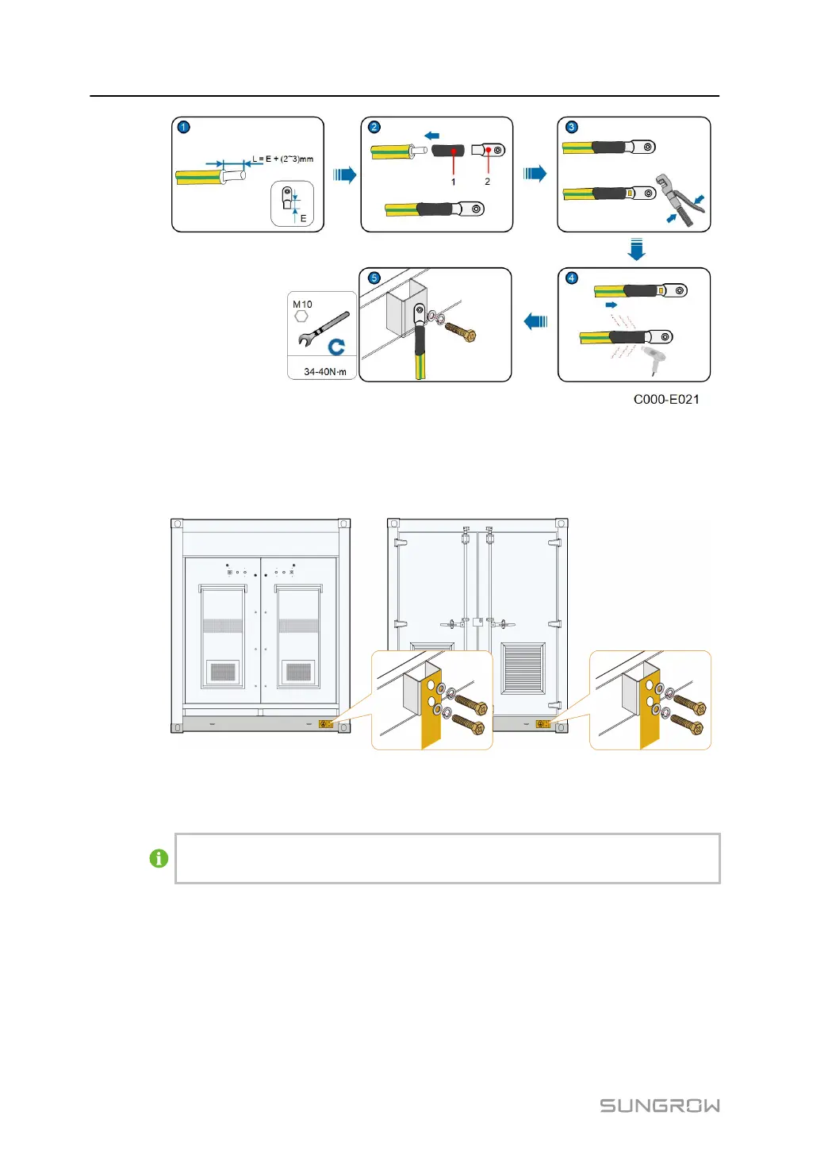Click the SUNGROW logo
659,1106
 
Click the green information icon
159,858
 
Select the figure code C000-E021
666,400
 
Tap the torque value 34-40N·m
325,372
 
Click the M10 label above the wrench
302,305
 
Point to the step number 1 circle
184,127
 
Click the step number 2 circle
374,127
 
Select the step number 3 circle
571,127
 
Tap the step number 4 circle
571,278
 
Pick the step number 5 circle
374,278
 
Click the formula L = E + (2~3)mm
283,159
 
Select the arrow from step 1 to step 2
344,174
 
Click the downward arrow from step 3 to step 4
636,250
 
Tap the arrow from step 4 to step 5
536,321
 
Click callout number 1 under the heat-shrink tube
454,182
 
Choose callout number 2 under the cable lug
488,182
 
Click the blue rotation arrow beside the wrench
336,347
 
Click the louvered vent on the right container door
523,667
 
